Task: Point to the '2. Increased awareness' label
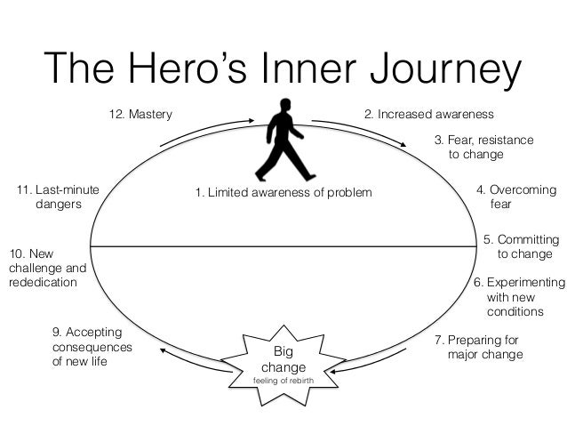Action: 429,115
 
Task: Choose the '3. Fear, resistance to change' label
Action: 483,147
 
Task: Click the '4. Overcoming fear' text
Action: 516,197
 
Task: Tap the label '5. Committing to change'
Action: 521,246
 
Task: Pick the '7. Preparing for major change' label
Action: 479,348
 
